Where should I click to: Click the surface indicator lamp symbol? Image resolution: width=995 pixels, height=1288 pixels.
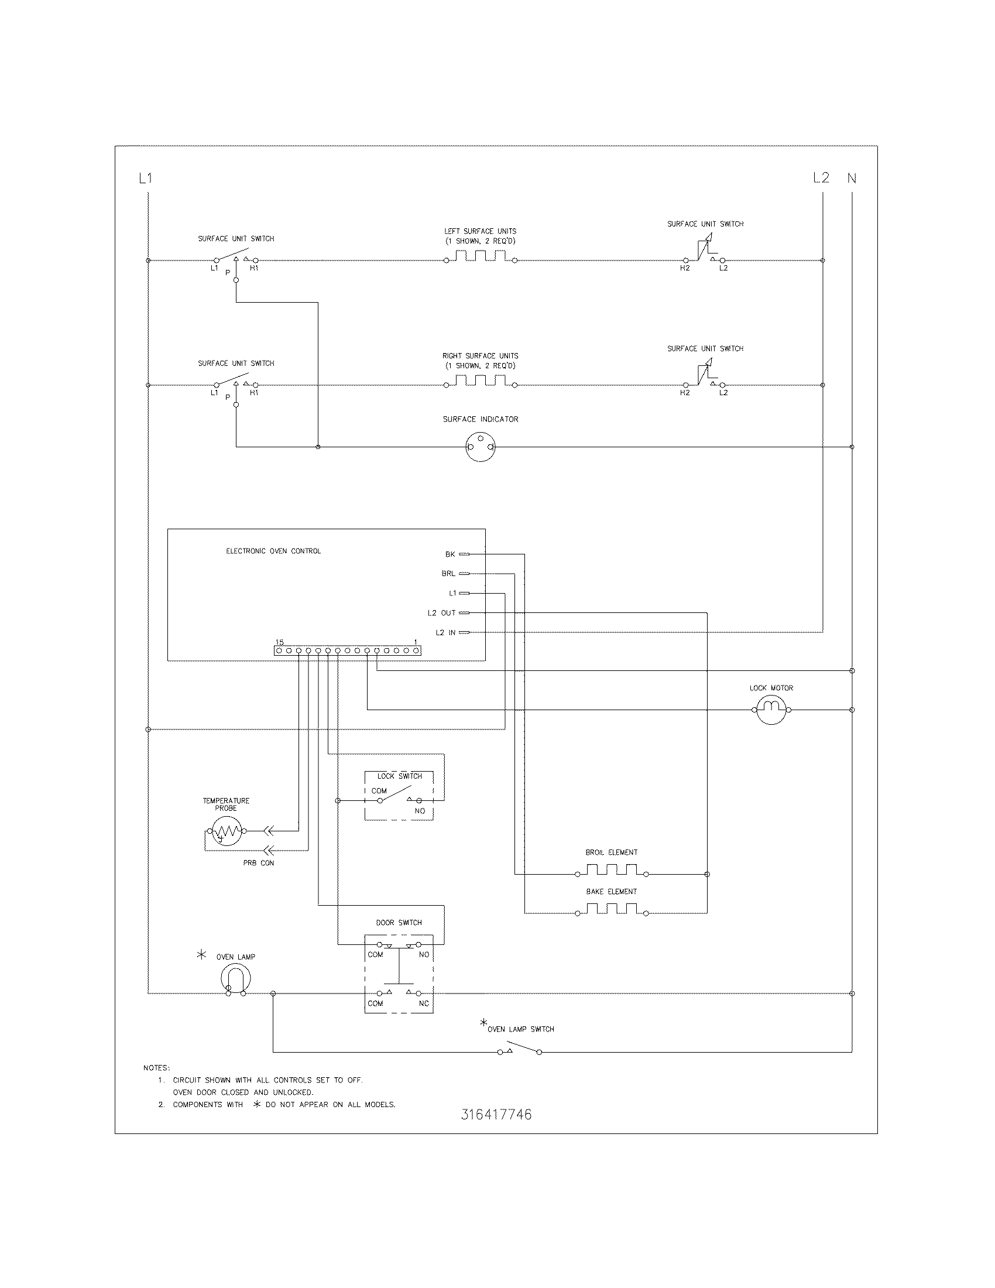481,447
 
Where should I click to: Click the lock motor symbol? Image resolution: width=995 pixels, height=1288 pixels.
771,710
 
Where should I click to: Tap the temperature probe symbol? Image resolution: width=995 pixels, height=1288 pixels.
226,831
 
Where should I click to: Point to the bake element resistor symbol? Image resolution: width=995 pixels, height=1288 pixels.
611,909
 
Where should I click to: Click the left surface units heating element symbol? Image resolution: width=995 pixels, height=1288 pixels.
481,256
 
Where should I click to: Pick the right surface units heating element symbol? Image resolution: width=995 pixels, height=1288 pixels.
481,382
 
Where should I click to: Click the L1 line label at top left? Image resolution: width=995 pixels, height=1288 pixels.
145,177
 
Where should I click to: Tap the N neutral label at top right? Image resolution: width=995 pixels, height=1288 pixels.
852,177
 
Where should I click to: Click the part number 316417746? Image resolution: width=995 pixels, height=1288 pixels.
496,1114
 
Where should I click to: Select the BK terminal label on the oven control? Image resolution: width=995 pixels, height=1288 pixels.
450,554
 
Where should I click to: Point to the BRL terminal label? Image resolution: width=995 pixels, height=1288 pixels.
448,573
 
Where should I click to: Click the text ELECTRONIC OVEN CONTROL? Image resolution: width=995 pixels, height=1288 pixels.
273,551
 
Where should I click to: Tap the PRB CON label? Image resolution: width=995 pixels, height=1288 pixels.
259,863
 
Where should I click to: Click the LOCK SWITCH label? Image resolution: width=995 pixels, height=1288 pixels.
400,776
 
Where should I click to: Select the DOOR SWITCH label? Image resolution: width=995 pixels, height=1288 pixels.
399,922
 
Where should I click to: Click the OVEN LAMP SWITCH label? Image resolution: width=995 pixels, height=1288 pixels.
520,1029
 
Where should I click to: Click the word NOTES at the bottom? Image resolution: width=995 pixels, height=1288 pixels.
156,1068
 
